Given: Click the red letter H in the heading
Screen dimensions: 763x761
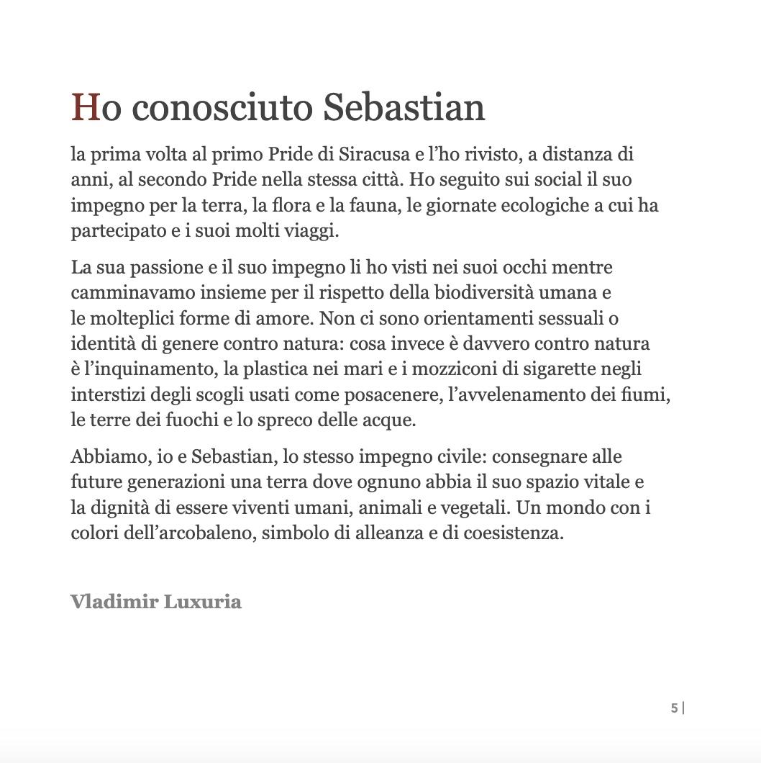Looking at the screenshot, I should pyautogui.click(x=85, y=107).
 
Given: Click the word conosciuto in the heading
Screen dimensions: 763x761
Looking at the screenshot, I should pyautogui.click(x=222, y=107).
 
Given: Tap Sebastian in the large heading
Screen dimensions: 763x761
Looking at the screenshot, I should pyautogui.click(x=404, y=107).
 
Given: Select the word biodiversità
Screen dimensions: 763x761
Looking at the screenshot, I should pyautogui.click(x=478, y=293).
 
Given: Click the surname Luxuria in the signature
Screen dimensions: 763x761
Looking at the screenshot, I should pyautogui.click(x=203, y=602).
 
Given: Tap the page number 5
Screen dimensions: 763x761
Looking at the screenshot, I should pyautogui.click(x=674, y=708).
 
